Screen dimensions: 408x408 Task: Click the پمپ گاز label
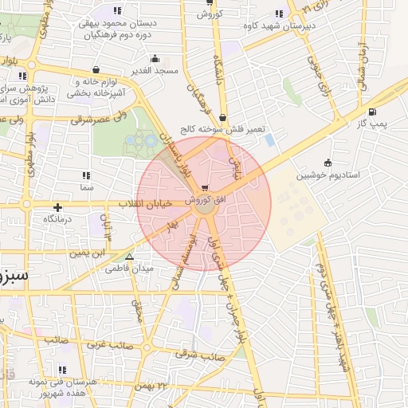tap(371, 124)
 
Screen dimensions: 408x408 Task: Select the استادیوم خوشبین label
tap(326, 175)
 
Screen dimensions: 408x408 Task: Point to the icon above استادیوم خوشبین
tap(327, 163)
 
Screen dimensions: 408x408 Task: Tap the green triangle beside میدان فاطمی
tap(129, 257)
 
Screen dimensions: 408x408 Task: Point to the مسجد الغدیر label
tap(155, 71)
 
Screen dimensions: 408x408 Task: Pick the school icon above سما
tap(86, 175)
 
